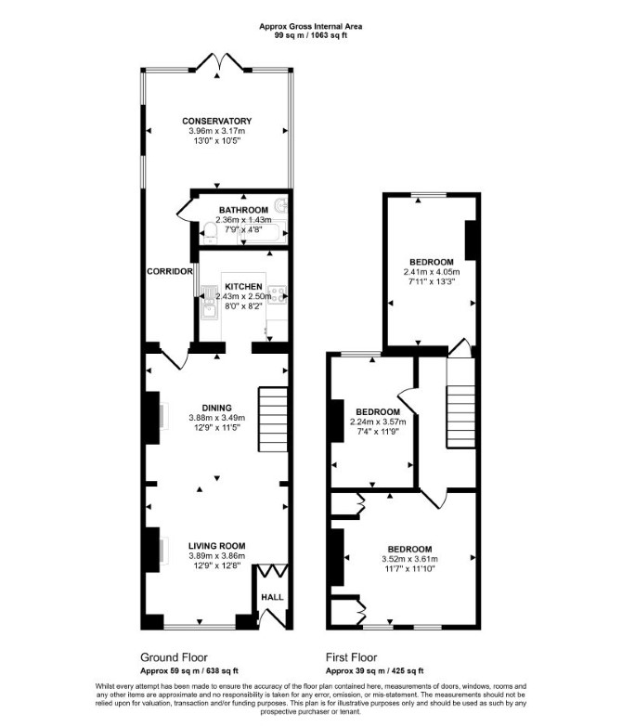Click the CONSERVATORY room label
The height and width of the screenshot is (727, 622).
click(216, 121)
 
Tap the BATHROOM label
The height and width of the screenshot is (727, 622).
click(243, 210)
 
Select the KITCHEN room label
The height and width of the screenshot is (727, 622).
click(243, 287)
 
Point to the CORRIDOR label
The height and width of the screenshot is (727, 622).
click(170, 271)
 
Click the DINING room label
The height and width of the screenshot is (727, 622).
click(217, 408)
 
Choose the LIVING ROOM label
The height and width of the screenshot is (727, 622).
click(216, 546)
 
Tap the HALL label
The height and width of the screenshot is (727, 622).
click(272, 597)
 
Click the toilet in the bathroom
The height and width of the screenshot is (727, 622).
click(210, 233)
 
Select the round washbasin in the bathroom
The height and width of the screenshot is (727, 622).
click(280, 204)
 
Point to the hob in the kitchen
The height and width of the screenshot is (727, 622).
click(279, 295)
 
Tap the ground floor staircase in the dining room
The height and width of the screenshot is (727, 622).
click(273, 420)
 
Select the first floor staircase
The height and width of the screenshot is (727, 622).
click(460, 416)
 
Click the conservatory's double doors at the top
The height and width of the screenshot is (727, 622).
click(218, 63)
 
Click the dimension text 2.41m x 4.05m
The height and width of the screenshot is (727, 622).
click(432, 272)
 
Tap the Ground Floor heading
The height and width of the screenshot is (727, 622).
click(174, 657)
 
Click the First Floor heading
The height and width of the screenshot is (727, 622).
click(351, 657)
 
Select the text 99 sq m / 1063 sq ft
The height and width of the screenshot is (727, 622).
click(311, 34)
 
